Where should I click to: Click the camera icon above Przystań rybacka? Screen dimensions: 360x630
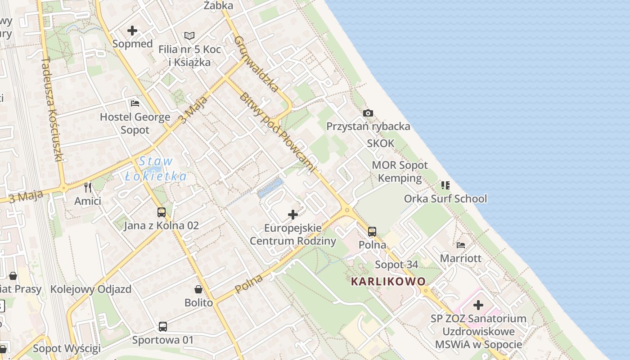pos(368,113)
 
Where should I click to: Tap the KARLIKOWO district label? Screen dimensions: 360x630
pos(388,282)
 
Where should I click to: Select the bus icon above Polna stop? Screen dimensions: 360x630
pos(372,232)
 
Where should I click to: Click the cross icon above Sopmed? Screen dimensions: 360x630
pos(132,31)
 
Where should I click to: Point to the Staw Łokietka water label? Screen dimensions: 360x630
pos(156,169)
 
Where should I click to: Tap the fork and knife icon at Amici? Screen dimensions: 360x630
pos(88,187)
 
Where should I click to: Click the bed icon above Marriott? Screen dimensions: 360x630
pos(461,245)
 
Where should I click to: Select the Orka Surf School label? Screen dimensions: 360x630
pos(445,198)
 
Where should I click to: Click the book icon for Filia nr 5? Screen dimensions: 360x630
pos(189,36)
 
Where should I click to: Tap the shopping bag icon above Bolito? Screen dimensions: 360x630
pos(198,289)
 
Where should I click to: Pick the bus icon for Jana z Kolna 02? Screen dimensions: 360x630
pos(161,212)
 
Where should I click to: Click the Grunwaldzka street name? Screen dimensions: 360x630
pos(256,64)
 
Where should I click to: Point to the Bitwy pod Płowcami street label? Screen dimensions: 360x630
pos(276,133)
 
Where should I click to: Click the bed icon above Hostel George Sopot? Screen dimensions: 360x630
pos(135,103)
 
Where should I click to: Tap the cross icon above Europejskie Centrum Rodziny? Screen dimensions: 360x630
pos(293,215)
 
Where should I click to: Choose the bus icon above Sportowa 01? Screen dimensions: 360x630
pos(163,326)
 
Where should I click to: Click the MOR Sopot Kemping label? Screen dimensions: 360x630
pos(400,171)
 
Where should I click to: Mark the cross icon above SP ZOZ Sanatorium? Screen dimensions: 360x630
pos(478,305)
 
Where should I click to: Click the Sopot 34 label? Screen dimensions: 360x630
pos(396,265)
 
